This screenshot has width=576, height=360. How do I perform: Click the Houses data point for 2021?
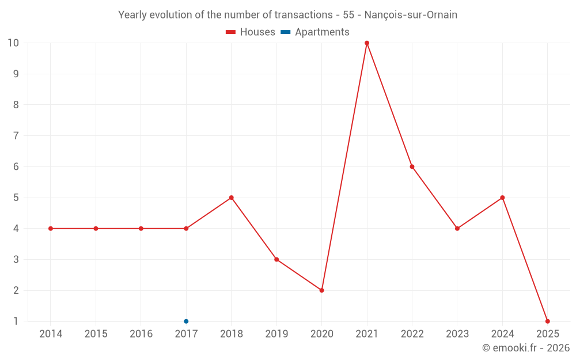click(367, 43)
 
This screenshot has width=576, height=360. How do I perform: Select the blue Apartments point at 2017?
click(186, 321)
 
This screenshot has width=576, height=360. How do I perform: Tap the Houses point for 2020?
click(321, 290)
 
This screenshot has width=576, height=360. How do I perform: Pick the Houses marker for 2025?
click(547, 321)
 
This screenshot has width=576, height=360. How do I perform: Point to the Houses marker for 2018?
click(232, 198)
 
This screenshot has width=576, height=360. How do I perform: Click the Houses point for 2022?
click(412, 166)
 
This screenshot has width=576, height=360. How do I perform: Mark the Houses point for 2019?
click(276, 259)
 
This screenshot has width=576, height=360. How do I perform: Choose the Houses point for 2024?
click(502, 198)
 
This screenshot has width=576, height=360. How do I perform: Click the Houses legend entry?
click(251, 32)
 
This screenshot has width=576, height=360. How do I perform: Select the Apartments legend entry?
click(315, 32)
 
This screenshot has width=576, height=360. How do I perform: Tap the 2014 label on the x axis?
click(51, 334)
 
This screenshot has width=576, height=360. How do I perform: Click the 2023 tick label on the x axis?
click(457, 334)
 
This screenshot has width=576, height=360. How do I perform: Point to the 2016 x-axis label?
click(141, 334)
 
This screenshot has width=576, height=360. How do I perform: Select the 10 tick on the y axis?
click(13, 43)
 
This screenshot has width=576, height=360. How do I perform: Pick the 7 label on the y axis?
click(16, 136)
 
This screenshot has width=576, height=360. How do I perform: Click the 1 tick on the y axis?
click(16, 321)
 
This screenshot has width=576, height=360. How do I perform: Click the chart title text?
click(287, 15)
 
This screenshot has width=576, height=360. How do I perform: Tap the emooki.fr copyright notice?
click(526, 348)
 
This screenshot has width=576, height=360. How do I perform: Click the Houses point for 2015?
click(96, 229)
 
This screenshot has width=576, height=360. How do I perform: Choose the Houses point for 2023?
click(457, 229)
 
